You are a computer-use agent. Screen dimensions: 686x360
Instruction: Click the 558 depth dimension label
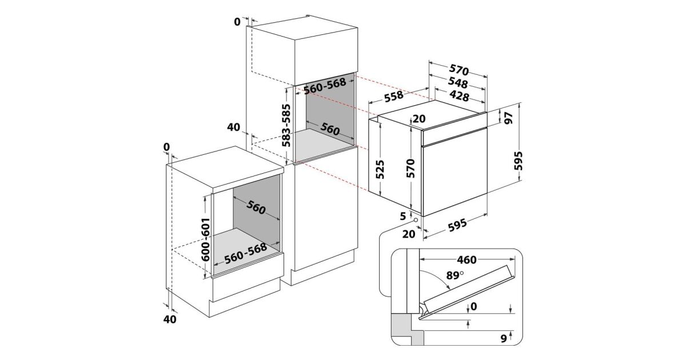point(394,96)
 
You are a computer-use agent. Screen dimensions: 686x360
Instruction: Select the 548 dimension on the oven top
point(458,83)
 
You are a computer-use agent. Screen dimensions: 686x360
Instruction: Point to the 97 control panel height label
point(508,118)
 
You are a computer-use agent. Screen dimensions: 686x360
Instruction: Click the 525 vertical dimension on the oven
point(380,169)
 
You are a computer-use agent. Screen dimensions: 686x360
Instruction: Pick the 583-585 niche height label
point(286,126)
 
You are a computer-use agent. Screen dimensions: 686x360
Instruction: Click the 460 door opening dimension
point(466,260)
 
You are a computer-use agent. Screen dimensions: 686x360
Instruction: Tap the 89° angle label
point(455,275)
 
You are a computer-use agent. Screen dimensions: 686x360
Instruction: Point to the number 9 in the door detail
point(504,338)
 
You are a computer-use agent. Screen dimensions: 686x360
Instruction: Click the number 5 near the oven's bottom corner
point(402,216)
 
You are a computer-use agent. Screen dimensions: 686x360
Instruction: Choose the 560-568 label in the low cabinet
point(246,254)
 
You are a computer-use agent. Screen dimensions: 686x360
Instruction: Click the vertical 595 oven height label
point(518,161)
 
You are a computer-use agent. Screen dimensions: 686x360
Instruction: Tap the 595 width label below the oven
point(457,225)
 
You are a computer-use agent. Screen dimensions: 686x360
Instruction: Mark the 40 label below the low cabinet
point(170,319)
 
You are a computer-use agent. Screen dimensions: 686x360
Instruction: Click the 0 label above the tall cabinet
point(237,22)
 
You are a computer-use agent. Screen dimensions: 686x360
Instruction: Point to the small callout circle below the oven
point(416,220)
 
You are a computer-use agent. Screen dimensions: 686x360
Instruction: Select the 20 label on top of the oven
point(419,118)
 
